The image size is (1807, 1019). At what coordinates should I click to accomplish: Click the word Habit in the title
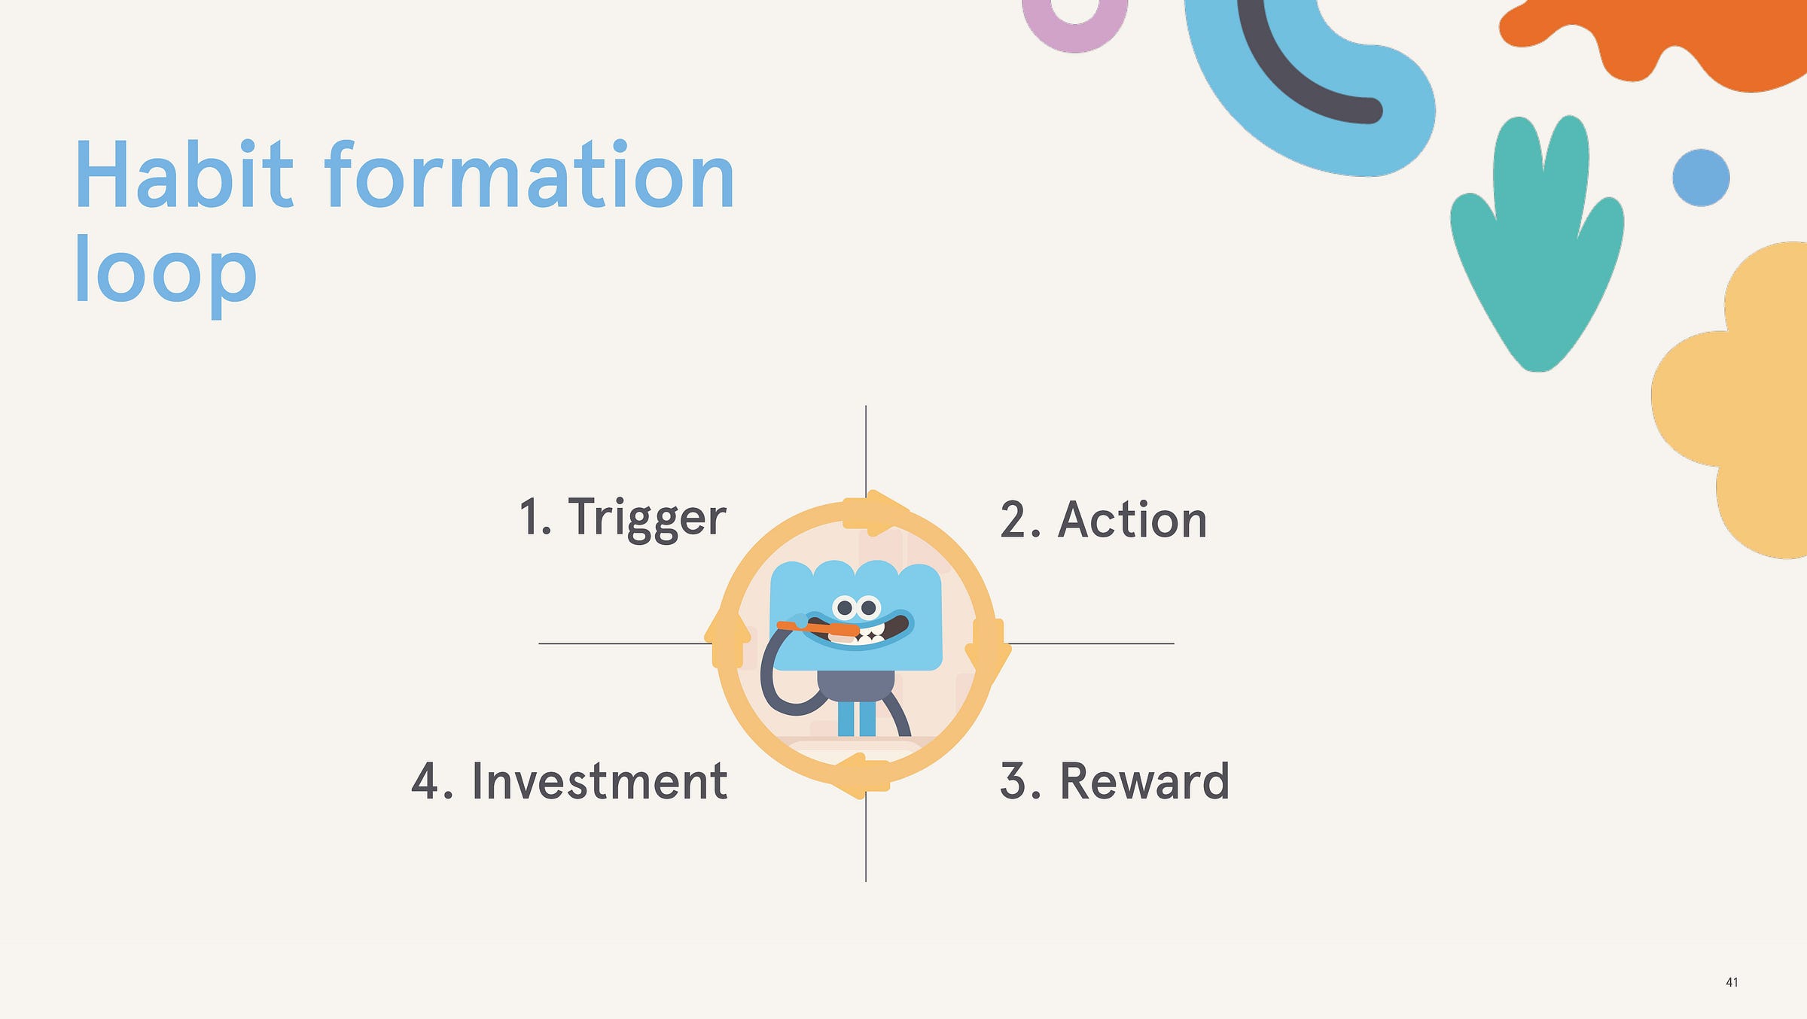[x=184, y=175]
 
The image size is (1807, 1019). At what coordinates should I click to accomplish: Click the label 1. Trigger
[x=623, y=519]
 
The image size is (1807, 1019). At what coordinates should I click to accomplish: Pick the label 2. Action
[x=1104, y=519]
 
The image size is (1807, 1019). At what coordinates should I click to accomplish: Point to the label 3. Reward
[x=1115, y=780]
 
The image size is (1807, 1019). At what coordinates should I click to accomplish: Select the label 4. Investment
[x=569, y=780]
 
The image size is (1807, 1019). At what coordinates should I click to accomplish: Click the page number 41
[x=1732, y=982]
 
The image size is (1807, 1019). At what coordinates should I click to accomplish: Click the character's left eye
[x=845, y=607]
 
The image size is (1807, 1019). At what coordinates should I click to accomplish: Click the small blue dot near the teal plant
[x=1701, y=178]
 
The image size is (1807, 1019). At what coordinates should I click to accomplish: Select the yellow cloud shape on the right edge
[x=1739, y=399]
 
